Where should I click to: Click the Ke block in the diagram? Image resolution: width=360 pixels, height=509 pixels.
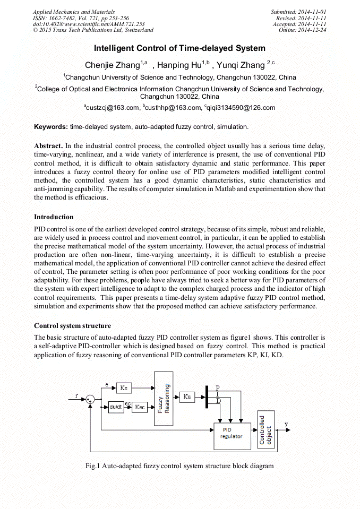(124, 388)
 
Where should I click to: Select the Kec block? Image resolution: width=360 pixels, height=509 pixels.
(140, 407)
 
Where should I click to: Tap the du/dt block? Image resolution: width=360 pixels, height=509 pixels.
(116, 407)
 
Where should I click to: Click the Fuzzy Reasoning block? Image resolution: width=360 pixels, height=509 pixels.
(164, 399)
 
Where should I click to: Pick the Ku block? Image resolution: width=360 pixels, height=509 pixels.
(187, 396)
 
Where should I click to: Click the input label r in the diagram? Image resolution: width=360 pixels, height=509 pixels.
(76, 395)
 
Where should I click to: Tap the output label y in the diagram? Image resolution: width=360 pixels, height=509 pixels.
(287, 425)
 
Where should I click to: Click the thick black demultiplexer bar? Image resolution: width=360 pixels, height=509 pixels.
(206, 397)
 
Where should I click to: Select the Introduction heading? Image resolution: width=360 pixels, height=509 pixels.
(54, 217)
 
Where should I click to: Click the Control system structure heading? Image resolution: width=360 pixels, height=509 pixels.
(72, 325)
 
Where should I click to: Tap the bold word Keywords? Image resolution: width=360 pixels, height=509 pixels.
(51, 127)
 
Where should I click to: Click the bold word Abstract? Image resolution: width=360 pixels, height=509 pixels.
(48, 145)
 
